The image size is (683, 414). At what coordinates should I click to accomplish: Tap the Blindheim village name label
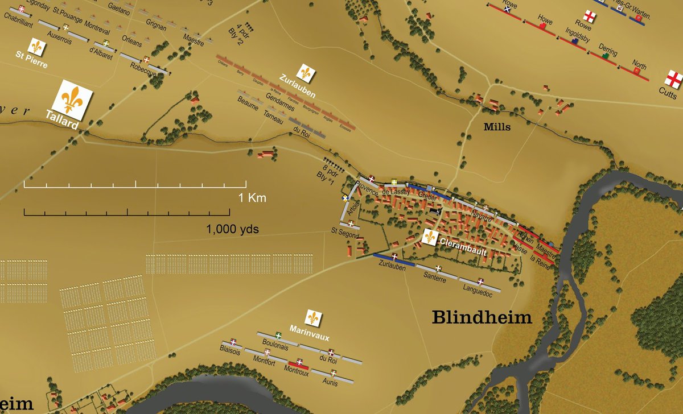482,317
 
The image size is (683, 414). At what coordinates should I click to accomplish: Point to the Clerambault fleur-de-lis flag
431,237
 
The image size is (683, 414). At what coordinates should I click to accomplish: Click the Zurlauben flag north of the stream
306,72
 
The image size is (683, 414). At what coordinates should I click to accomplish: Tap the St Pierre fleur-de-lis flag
37,47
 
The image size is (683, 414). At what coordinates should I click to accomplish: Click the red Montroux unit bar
298,363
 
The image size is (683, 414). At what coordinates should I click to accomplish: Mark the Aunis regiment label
330,383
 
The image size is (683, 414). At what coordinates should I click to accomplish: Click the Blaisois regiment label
230,351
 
